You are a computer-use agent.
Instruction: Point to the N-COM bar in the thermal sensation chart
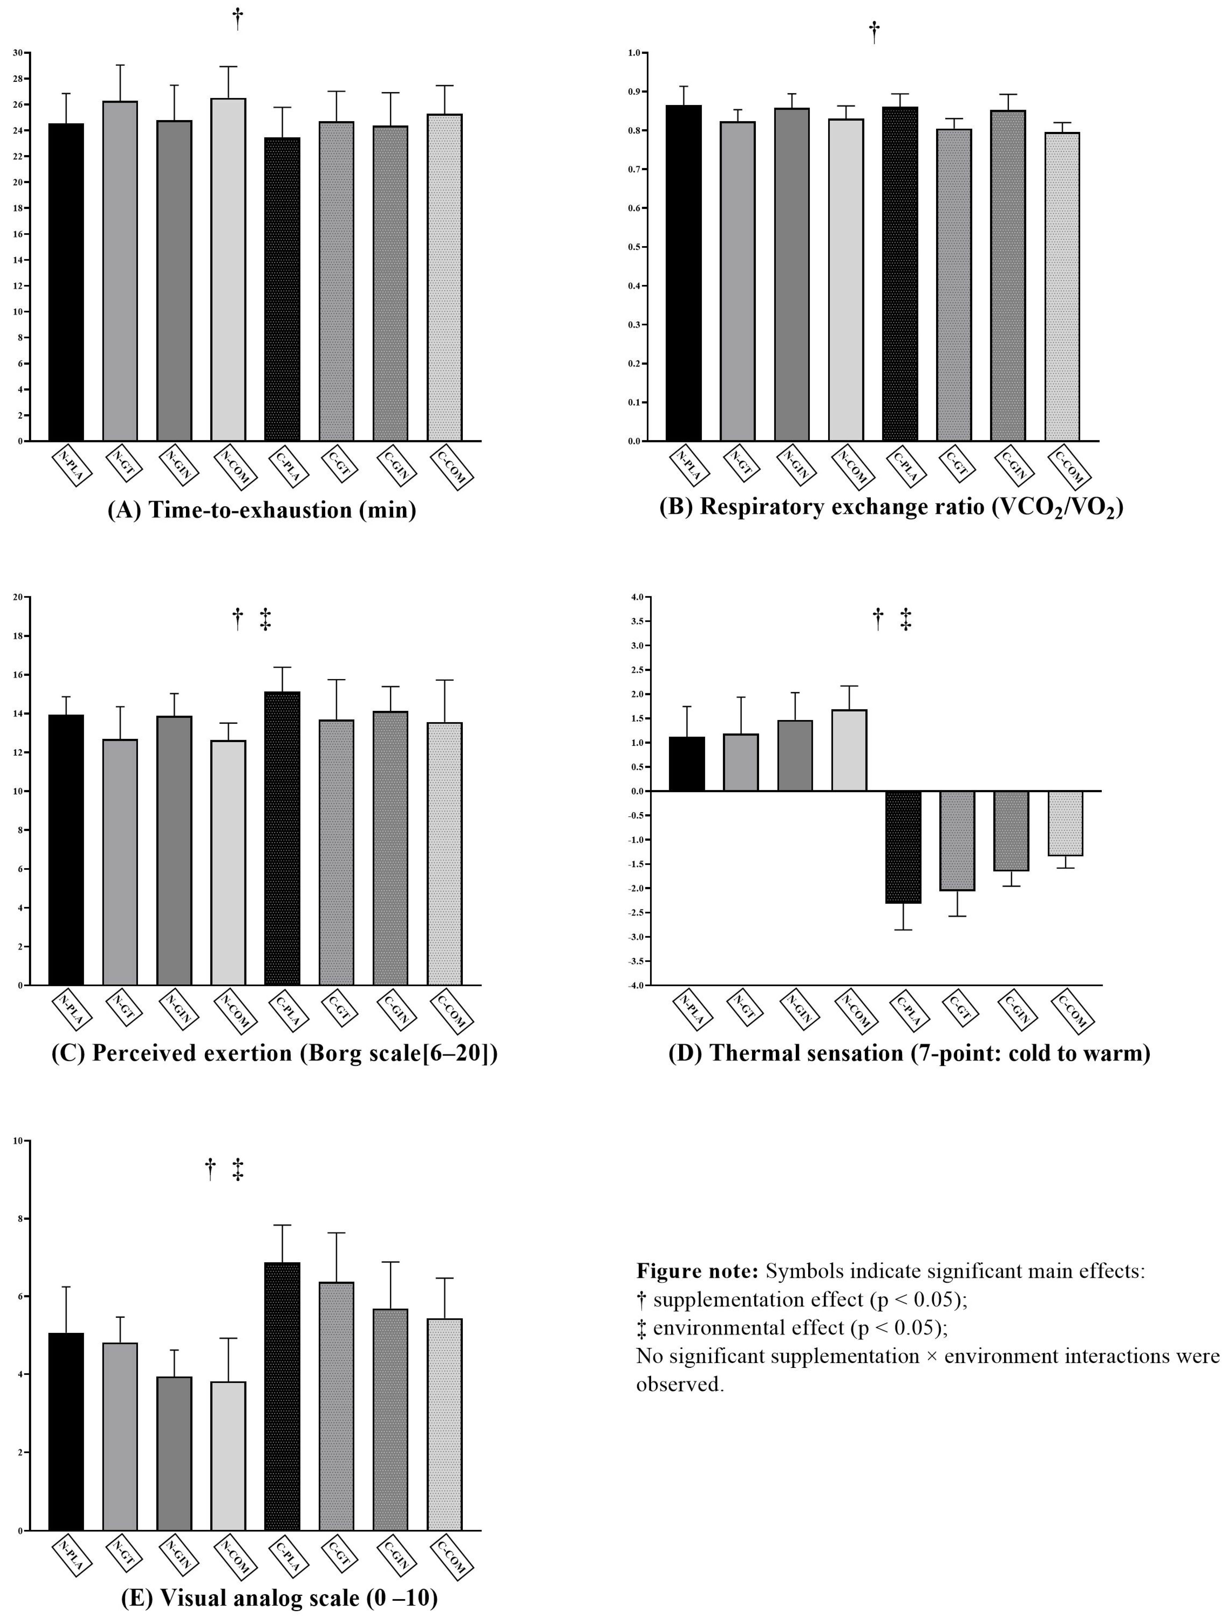pyautogui.click(x=849, y=750)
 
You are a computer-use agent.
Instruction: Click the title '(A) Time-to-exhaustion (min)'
pyautogui.click(x=262, y=510)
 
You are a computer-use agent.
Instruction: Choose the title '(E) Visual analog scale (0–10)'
pyautogui.click(x=279, y=1598)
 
